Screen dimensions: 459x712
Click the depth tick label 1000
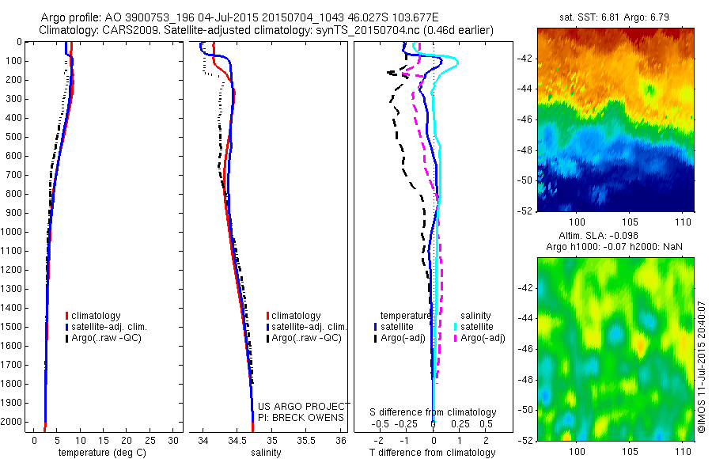pyautogui.click(x=13, y=232)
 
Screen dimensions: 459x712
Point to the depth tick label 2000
pyautogui.click(x=13, y=422)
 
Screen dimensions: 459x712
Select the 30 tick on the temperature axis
pyautogui.click(x=174, y=439)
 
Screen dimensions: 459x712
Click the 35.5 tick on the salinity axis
pyautogui.click(x=306, y=439)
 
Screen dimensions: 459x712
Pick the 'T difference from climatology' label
pyautogui.click(x=434, y=453)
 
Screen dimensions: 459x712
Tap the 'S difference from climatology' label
pyautogui.click(x=434, y=412)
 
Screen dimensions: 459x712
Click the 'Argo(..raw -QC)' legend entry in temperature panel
pyautogui.click(x=106, y=339)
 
